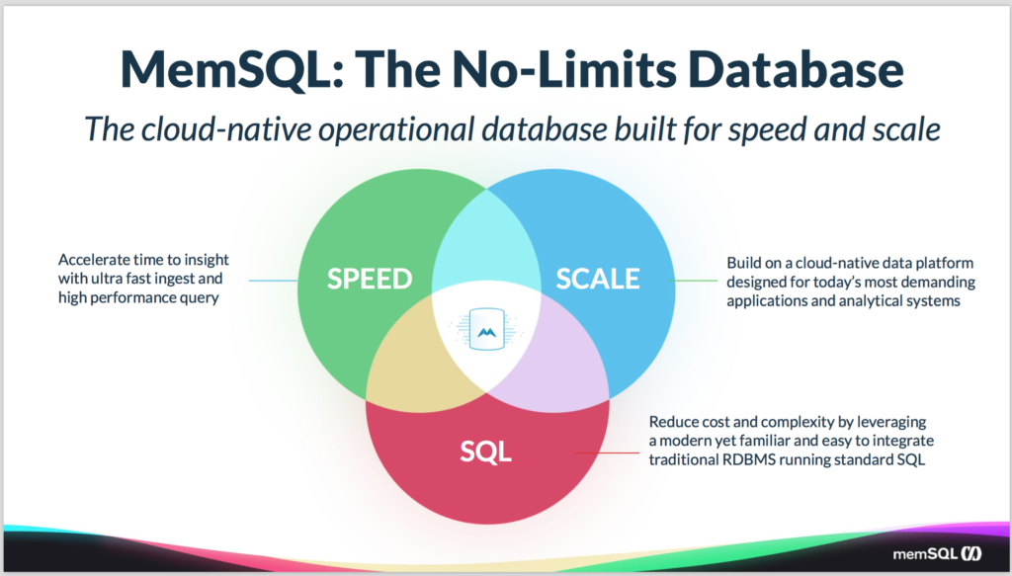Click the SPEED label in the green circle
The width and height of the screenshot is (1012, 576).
(x=370, y=279)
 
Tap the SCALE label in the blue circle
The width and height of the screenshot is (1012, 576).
(x=598, y=279)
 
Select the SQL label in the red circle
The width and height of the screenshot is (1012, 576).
(x=486, y=452)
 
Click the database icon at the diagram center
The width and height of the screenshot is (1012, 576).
(x=486, y=329)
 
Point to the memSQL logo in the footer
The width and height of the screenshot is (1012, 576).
(x=937, y=553)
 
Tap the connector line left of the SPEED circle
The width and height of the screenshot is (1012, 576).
(x=274, y=281)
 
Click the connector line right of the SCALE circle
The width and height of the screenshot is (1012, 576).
(x=694, y=281)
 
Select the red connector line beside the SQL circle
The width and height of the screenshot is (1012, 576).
(x=608, y=453)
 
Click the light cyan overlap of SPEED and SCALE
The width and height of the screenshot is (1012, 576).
(x=486, y=245)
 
